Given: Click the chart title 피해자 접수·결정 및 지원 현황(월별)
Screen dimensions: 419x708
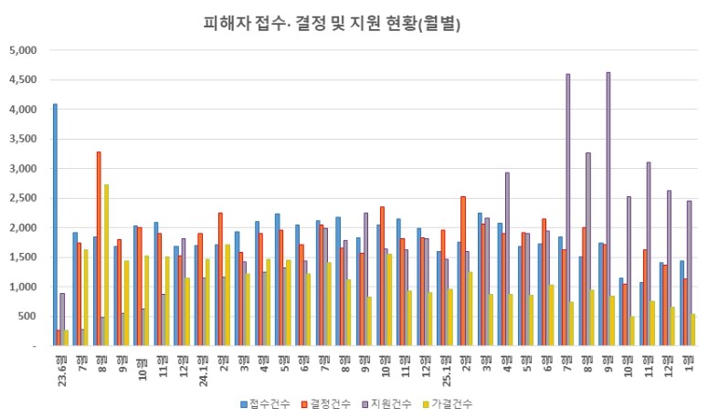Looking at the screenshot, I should tap(332, 23).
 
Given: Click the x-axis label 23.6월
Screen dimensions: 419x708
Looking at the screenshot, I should tap(60, 363).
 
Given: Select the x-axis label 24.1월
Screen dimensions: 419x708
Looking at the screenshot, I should tap(201, 363).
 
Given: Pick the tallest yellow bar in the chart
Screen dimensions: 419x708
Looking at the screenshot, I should tap(106, 265).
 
